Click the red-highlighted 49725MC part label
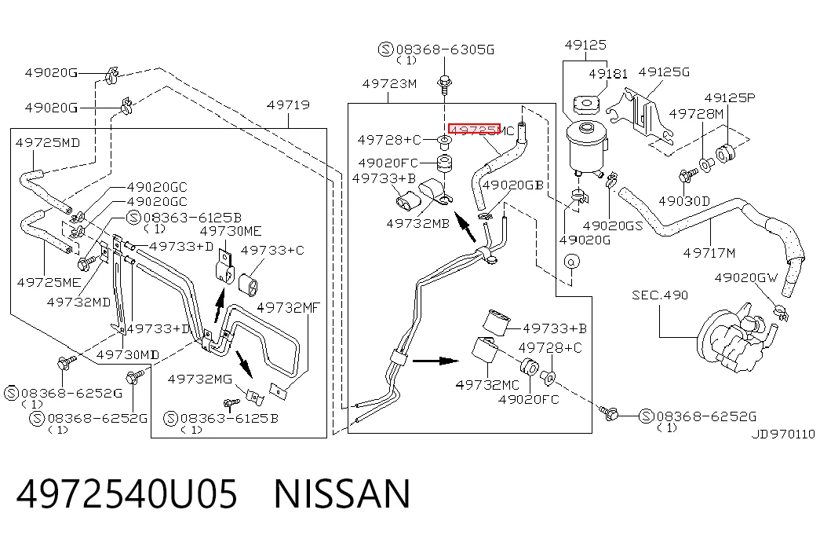482,130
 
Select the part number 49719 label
288,104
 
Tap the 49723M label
390,84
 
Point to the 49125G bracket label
664,71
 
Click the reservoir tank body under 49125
585,147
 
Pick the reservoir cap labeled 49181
585,104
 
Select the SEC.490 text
660,295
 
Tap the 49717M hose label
709,254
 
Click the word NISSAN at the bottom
342,493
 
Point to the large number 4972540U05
127,493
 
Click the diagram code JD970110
783,434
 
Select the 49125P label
730,98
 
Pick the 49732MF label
288,307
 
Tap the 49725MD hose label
48,142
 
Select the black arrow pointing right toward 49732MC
436,361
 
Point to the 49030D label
684,201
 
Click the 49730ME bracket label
231,231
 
